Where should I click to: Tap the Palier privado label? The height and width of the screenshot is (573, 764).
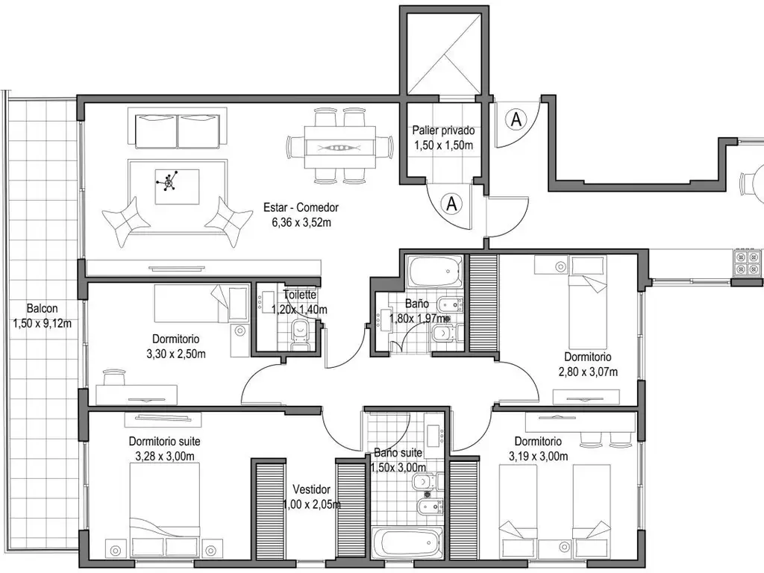point(443,131)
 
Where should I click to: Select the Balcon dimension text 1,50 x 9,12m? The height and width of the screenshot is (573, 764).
point(42,323)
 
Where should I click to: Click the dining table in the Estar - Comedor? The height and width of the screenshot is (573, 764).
point(339,145)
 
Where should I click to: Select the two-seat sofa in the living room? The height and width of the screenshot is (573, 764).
point(178,131)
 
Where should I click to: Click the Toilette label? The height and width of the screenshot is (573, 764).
point(299,295)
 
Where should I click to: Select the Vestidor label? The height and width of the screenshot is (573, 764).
point(312,489)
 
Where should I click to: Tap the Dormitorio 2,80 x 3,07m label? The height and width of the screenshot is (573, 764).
point(588,357)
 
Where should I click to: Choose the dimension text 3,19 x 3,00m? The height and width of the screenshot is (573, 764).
point(538,456)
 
